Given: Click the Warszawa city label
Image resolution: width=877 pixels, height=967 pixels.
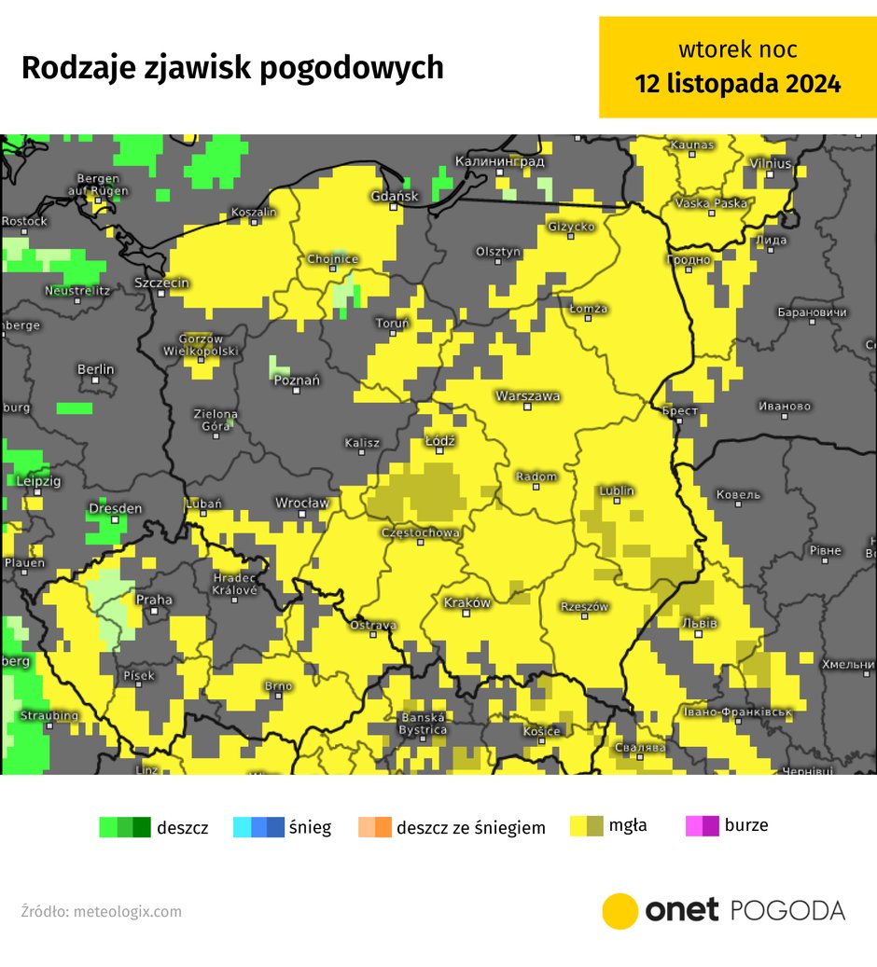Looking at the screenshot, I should [528, 396].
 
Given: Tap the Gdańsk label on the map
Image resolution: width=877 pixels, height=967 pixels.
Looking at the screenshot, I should [395, 196].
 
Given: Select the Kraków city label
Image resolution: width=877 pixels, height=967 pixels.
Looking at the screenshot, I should [467, 603].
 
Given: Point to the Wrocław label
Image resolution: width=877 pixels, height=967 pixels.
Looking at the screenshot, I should [301, 504].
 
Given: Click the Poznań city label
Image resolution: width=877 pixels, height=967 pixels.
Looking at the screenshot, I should [296, 380].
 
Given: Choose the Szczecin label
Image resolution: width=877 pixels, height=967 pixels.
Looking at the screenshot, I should [162, 283].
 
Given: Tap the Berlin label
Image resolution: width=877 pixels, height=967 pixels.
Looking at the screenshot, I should [95, 370].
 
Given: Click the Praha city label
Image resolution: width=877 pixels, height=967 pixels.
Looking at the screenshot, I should [154, 600].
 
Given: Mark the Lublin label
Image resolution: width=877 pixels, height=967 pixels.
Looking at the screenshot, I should [617, 490].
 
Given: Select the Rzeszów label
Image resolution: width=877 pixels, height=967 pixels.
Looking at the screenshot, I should [584, 607].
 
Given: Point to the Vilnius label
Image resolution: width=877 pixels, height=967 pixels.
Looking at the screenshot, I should [771, 164].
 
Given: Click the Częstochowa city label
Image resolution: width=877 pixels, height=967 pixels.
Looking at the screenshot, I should [421, 533].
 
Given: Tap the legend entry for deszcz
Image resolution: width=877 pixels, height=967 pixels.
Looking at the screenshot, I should [182, 827].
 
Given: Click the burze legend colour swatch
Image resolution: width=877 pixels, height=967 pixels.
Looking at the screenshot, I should [702, 826].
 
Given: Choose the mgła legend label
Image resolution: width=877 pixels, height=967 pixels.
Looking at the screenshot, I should [628, 825].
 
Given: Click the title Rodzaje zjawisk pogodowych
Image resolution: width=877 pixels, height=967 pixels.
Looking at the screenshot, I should [232, 68].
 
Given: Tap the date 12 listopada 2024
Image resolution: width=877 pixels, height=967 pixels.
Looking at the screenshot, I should [737, 83].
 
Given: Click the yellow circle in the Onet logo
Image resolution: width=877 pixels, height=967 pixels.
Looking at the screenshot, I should [619, 911].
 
